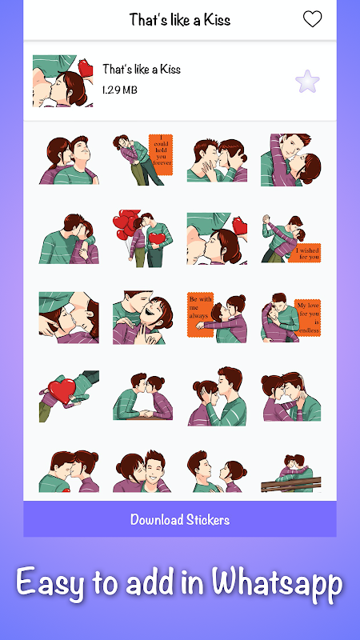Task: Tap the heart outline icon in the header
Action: (x=312, y=19)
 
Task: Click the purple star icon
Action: (x=307, y=82)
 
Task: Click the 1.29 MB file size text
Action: (x=119, y=90)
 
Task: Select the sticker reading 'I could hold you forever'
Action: (x=143, y=159)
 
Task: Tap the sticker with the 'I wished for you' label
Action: (x=291, y=238)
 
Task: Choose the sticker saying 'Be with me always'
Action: (x=217, y=317)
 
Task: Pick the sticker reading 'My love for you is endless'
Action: (x=290, y=317)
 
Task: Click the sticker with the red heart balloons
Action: (x=143, y=238)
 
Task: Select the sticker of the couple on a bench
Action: (x=291, y=473)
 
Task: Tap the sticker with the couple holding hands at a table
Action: (x=143, y=396)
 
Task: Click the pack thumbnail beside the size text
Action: (x=62, y=81)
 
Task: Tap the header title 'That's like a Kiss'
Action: (x=179, y=19)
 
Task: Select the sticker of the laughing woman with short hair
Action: (x=143, y=317)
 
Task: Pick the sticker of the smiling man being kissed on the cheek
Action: (x=143, y=471)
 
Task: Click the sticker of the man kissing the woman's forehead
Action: (x=217, y=396)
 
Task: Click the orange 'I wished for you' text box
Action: (x=305, y=253)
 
